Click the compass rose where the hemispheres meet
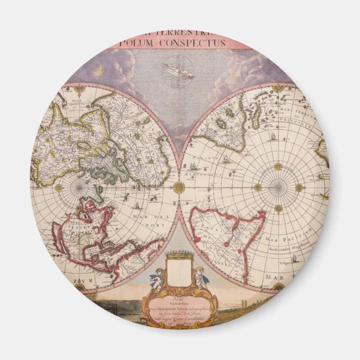click(179, 187)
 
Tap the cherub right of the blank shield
click(200, 277)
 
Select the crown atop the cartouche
click(179, 256)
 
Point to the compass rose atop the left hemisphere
click(80, 88)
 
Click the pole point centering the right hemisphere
click(278, 187)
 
